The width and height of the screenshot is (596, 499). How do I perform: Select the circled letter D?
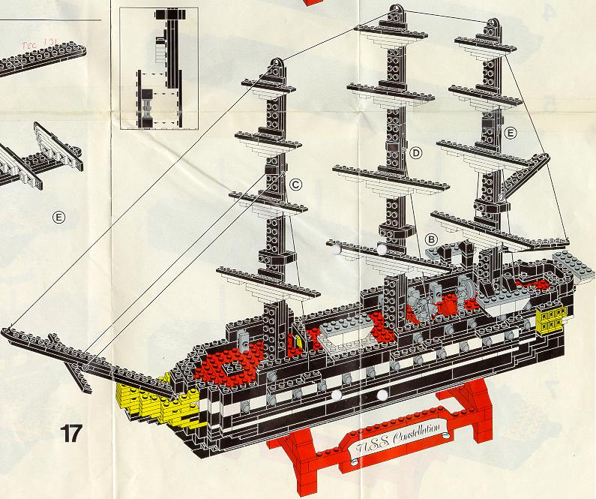(417, 152)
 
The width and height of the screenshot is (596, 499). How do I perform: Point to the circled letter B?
(432, 239)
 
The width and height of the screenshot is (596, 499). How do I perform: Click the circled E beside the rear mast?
(511, 133)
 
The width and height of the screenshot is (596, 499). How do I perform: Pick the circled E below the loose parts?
(58, 218)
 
